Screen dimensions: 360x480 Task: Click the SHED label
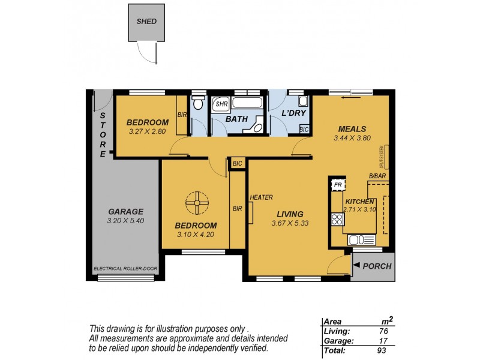[x=146, y=22]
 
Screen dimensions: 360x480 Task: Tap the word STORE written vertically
[x=103, y=135]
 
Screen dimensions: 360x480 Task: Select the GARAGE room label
[x=125, y=211]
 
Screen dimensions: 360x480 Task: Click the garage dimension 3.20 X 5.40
[x=125, y=221]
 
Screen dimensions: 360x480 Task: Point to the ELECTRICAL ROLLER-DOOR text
[x=125, y=269]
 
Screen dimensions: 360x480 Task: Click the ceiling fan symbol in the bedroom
[x=196, y=203]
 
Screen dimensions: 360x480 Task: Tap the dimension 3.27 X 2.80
[x=148, y=131]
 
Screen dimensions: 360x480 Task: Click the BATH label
[x=236, y=119]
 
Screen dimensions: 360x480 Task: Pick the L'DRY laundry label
[x=294, y=113]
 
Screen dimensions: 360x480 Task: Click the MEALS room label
[x=352, y=128]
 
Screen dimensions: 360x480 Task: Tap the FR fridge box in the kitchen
[x=337, y=185]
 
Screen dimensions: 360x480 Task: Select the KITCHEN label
[x=360, y=202]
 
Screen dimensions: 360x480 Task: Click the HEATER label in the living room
[x=262, y=197]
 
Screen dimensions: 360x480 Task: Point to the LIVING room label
[x=290, y=214]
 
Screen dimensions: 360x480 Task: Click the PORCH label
[x=377, y=266]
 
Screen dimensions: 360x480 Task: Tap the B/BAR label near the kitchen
[x=377, y=176]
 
